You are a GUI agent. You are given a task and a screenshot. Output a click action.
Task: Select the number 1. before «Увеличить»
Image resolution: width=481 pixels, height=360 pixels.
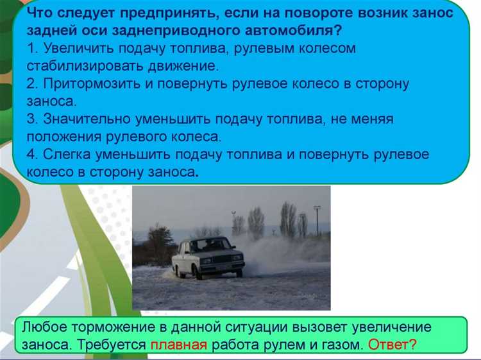pyautogui.click(x=33, y=49)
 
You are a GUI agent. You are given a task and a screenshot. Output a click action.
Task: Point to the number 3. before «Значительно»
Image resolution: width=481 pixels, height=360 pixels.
pyautogui.click(x=33, y=119)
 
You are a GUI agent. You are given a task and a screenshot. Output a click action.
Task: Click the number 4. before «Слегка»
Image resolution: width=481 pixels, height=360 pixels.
pyautogui.click(x=33, y=155)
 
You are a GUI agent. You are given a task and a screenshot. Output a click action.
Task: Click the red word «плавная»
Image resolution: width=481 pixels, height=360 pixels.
pyautogui.click(x=179, y=345)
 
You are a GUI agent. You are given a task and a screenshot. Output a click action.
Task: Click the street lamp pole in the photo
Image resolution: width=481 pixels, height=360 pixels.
pyautogui.click(x=317, y=221)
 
